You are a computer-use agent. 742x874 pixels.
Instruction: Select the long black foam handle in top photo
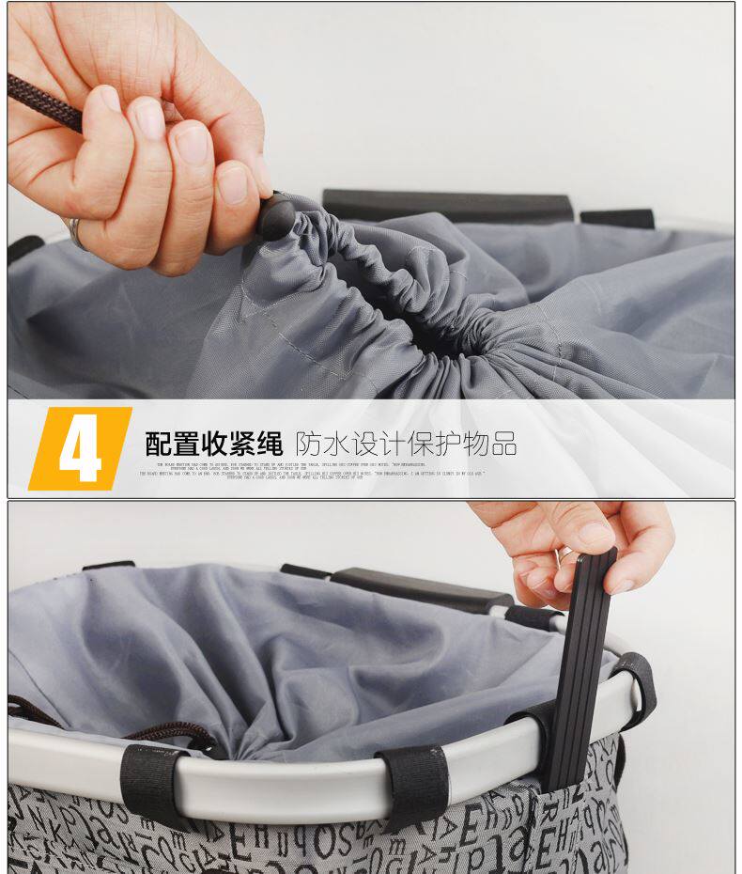446,205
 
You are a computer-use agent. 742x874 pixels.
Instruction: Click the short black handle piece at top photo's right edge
616,218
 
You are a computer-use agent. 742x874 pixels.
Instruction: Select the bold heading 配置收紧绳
214,443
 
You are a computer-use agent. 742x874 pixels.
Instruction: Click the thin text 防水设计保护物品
406,443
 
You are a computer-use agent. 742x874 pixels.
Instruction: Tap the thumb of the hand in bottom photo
582,537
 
